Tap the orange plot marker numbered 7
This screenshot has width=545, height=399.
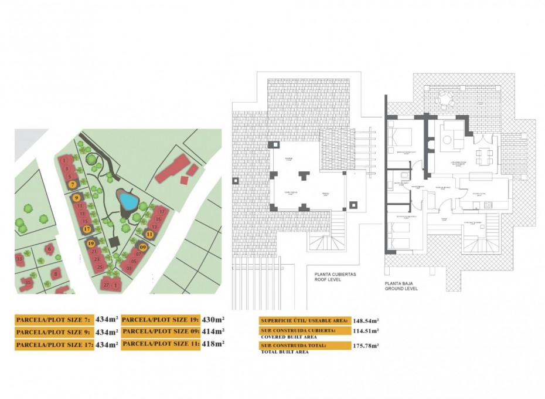pyautogui.click(x=72, y=184)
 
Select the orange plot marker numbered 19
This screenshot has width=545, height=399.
pyautogui.click(x=90, y=243)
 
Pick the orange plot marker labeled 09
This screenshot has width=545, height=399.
pyautogui.click(x=143, y=247)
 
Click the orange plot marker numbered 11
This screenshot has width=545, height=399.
pyautogui.click(x=149, y=234)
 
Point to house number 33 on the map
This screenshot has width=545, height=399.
pyautogui.click(x=19, y=258)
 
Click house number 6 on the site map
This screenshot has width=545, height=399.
pyautogui.click(x=50, y=249)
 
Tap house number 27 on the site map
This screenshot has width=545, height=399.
pyautogui.click(x=106, y=285)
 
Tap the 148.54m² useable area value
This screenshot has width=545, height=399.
pyautogui.click(x=366, y=321)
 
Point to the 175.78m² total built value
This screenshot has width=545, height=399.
pyautogui.click(x=366, y=346)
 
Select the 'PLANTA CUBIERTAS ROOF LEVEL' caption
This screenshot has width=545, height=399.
pyautogui.click(x=331, y=277)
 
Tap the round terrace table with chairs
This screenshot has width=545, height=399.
pyautogui.click(x=446, y=99)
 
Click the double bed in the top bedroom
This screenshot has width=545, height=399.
pyautogui.click(x=402, y=137)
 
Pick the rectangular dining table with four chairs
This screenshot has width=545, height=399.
pyautogui.click(x=483, y=156)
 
